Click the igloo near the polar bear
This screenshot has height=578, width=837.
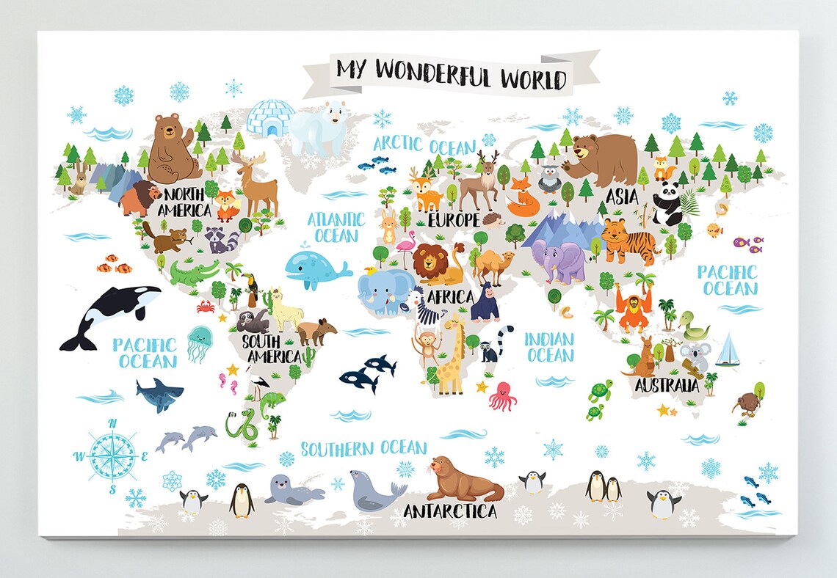coord(269,117)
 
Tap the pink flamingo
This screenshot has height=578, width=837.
coord(405,245)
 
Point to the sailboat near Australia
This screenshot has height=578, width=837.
coord(728,351)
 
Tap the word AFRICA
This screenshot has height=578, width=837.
coord(450,296)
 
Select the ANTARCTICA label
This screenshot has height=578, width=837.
coord(449,511)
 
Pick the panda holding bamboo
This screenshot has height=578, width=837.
coord(668,202)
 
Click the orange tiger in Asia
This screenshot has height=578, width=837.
coord(628,241)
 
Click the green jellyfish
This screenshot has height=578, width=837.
coord(199,343)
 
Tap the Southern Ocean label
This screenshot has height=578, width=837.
coord(363,448)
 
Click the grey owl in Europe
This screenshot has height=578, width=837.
coord(548,178)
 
